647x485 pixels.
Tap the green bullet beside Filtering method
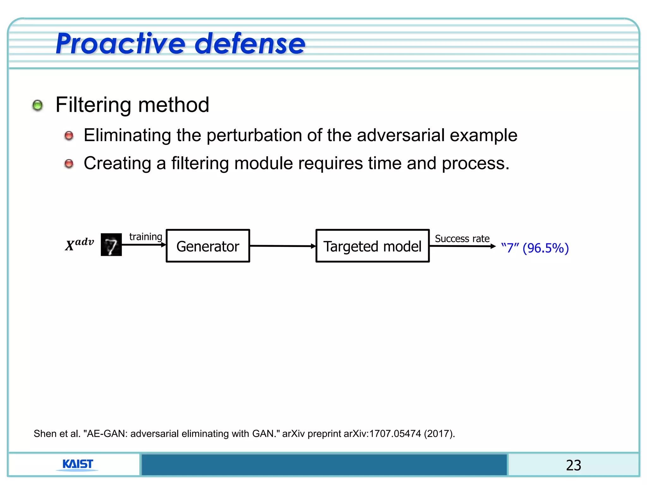[38, 105]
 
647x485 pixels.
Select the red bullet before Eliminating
[69, 136]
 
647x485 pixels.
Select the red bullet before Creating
[69, 164]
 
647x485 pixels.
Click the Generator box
[208, 246]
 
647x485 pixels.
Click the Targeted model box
[372, 246]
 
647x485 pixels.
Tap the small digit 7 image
[111, 245]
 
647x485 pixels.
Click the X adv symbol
[79, 244]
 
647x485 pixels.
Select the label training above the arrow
[146, 237]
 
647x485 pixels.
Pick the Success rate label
[462, 239]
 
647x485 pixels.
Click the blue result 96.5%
[546, 248]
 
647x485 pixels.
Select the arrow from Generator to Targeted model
[282, 246]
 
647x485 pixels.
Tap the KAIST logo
[77, 464]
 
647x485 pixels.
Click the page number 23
[573, 465]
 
